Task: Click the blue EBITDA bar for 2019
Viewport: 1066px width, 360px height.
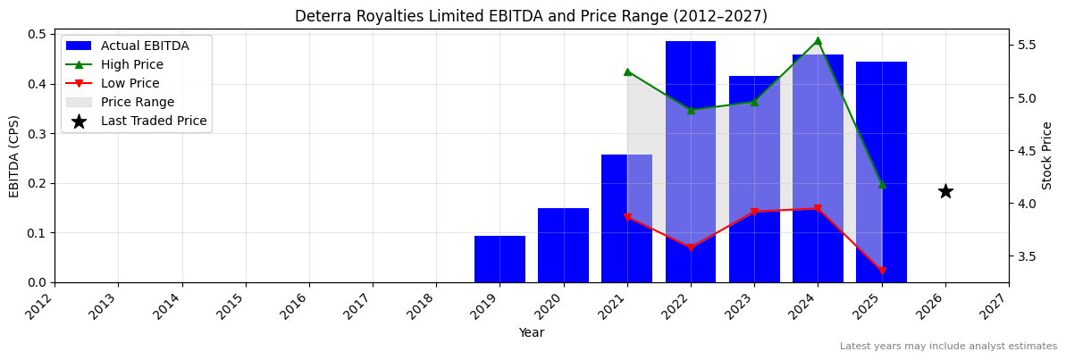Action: coord(499,259)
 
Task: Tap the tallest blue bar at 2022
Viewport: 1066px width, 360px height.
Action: coord(690,161)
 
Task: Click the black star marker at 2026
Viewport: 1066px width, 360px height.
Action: coord(945,191)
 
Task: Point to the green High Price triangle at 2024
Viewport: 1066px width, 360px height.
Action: coord(818,40)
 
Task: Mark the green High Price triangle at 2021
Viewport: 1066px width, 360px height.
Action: coord(627,71)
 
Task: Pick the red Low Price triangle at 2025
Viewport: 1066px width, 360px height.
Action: coord(882,271)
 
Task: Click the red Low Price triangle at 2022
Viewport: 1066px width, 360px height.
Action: coord(691,247)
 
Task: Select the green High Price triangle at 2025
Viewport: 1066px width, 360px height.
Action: coord(882,185)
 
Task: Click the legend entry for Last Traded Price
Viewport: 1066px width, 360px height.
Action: coord(153,121)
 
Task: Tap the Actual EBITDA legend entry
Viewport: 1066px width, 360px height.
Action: coord(144,46)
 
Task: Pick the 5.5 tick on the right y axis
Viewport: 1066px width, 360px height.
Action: coord(1028,45)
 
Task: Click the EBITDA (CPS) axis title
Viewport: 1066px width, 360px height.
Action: coord(14,155)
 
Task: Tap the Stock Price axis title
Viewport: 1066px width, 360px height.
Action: coord(1047,155)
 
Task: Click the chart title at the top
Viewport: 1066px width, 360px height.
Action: coord(531,16)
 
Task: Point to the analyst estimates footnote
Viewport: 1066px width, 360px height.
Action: coord(948,347)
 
